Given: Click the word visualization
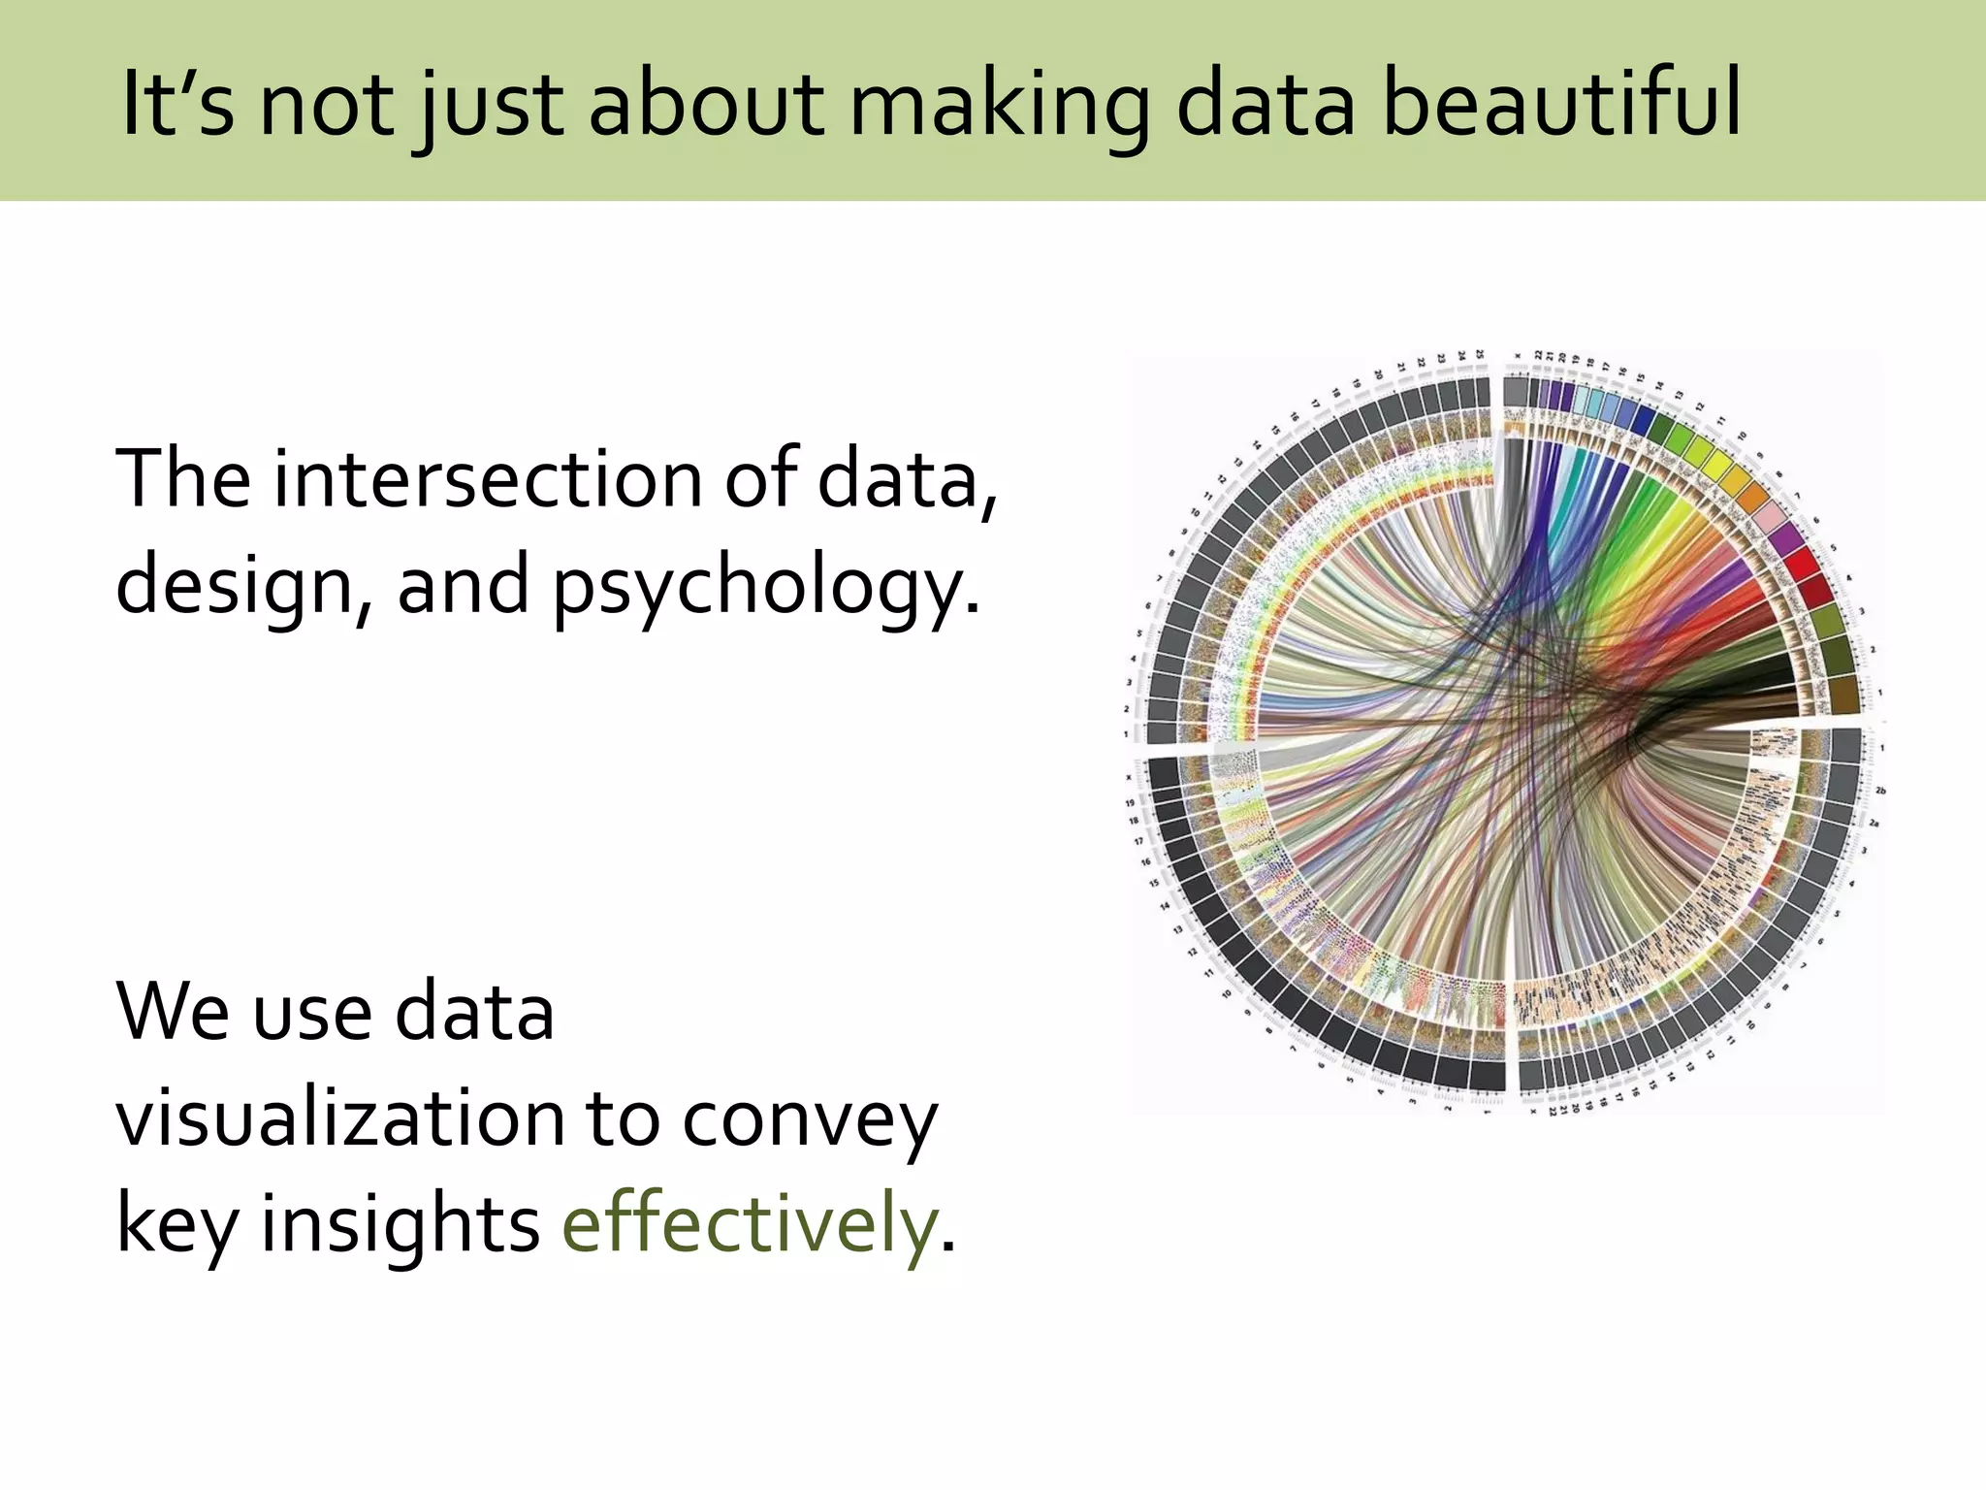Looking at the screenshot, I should pyautogui.click(x=340, y=1117).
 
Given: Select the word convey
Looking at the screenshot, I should pyautogui.click(x=810, y=1117).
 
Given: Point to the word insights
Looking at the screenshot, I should pyautogui.click(x=400, y=1223).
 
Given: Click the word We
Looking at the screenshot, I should pyautogui.click(x=171, y=1012).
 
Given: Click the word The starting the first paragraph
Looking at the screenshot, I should pyautogui.click(x=181, y=478).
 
